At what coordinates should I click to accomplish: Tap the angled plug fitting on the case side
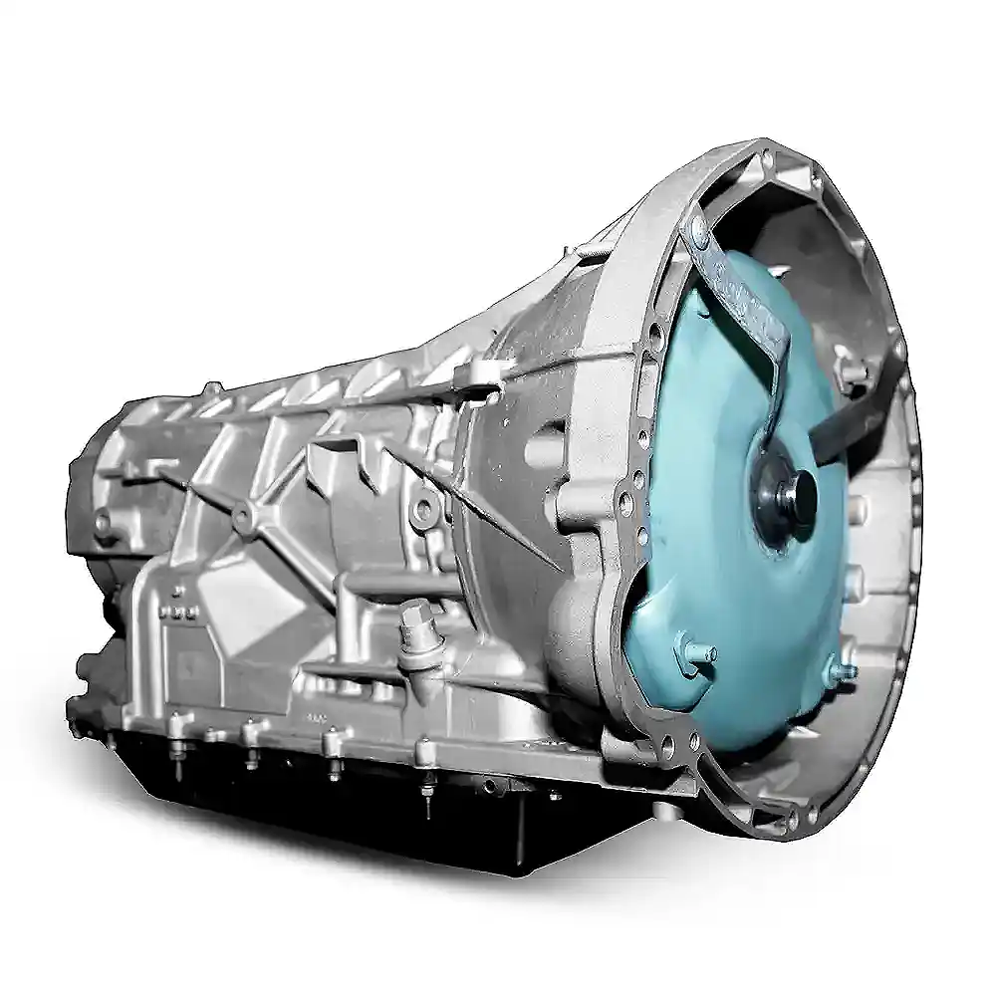click(411, 637)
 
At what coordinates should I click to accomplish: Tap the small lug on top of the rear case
click(210, 388)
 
